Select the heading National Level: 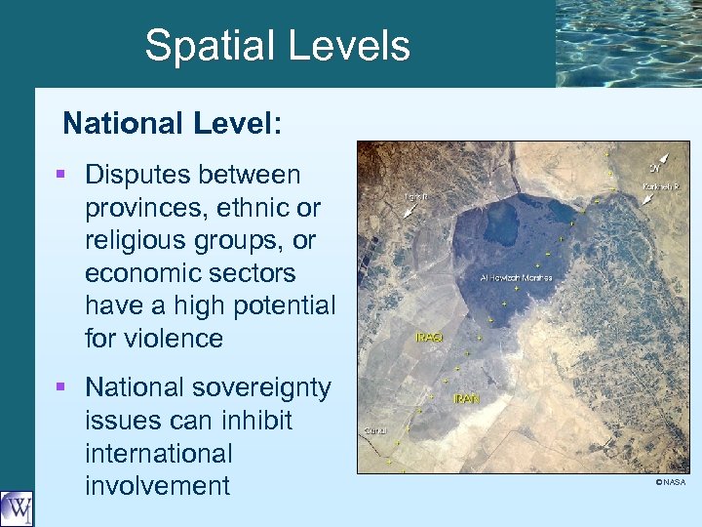point(173,124)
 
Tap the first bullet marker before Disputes point(61,175)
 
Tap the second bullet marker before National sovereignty point(61,387)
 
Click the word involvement point(157,486)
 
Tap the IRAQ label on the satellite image point(429,338)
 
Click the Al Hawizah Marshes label point(517,278)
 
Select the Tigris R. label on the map point(416,196)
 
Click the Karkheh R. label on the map point(662,186)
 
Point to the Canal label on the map point(375,430)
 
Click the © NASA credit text point(670,482)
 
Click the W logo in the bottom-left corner point(17,508)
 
